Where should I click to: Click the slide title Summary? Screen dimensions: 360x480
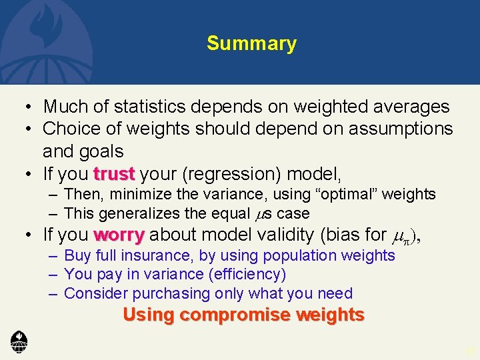(x=251, y=44)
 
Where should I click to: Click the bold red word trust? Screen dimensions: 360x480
(x=114, y=175)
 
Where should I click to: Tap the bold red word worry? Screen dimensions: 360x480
(x=119, y=235)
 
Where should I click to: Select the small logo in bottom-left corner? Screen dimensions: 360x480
(x=19, y=341)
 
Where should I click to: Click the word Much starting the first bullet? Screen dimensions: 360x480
(x=61, y=107)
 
